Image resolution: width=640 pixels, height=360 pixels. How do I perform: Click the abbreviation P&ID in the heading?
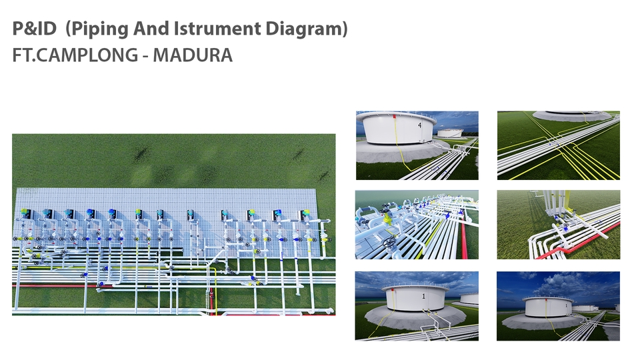pos(34,29)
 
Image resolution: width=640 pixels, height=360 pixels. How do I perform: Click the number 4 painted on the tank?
pos(420,125)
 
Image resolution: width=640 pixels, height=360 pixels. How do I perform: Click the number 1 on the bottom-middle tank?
pos(423,295)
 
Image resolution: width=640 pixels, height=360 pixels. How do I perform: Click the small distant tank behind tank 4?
pos(451,133)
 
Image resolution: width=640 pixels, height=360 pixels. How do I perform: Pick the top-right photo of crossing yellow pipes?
pos(558,145)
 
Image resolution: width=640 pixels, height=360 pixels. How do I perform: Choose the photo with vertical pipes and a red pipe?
pos(558,225)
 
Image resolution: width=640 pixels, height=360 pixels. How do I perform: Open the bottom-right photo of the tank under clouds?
pos(558,306)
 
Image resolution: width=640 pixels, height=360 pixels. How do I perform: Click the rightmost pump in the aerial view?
pos(305,215)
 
